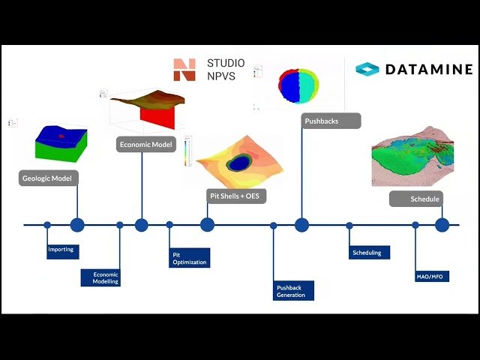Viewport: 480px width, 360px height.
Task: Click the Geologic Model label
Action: tap(50, 178)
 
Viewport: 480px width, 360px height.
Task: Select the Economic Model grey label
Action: tap(145, 145)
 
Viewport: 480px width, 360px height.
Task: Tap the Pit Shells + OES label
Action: tap(237, 196)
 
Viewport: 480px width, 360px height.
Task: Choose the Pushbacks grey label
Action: tap(331, 120)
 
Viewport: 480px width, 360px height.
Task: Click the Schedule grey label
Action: tap(415, 199)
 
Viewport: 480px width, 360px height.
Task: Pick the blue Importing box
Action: tap(62, 250)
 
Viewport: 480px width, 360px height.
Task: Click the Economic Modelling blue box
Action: tap(100, 277)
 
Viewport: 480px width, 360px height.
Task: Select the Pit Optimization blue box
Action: tap(188, 258)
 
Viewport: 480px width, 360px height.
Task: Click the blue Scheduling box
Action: tap(367, 253)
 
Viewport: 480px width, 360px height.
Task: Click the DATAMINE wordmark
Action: tap(429, 70)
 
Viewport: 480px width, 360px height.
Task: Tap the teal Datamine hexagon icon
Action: tap(367, 70)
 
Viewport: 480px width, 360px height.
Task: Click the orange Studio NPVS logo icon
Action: tap(184, 70)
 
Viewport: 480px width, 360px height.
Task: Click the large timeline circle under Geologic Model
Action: tap(77, 224)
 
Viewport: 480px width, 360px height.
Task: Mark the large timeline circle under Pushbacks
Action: tap(301, 224)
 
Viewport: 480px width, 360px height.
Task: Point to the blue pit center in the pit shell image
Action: tap(240, 162)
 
